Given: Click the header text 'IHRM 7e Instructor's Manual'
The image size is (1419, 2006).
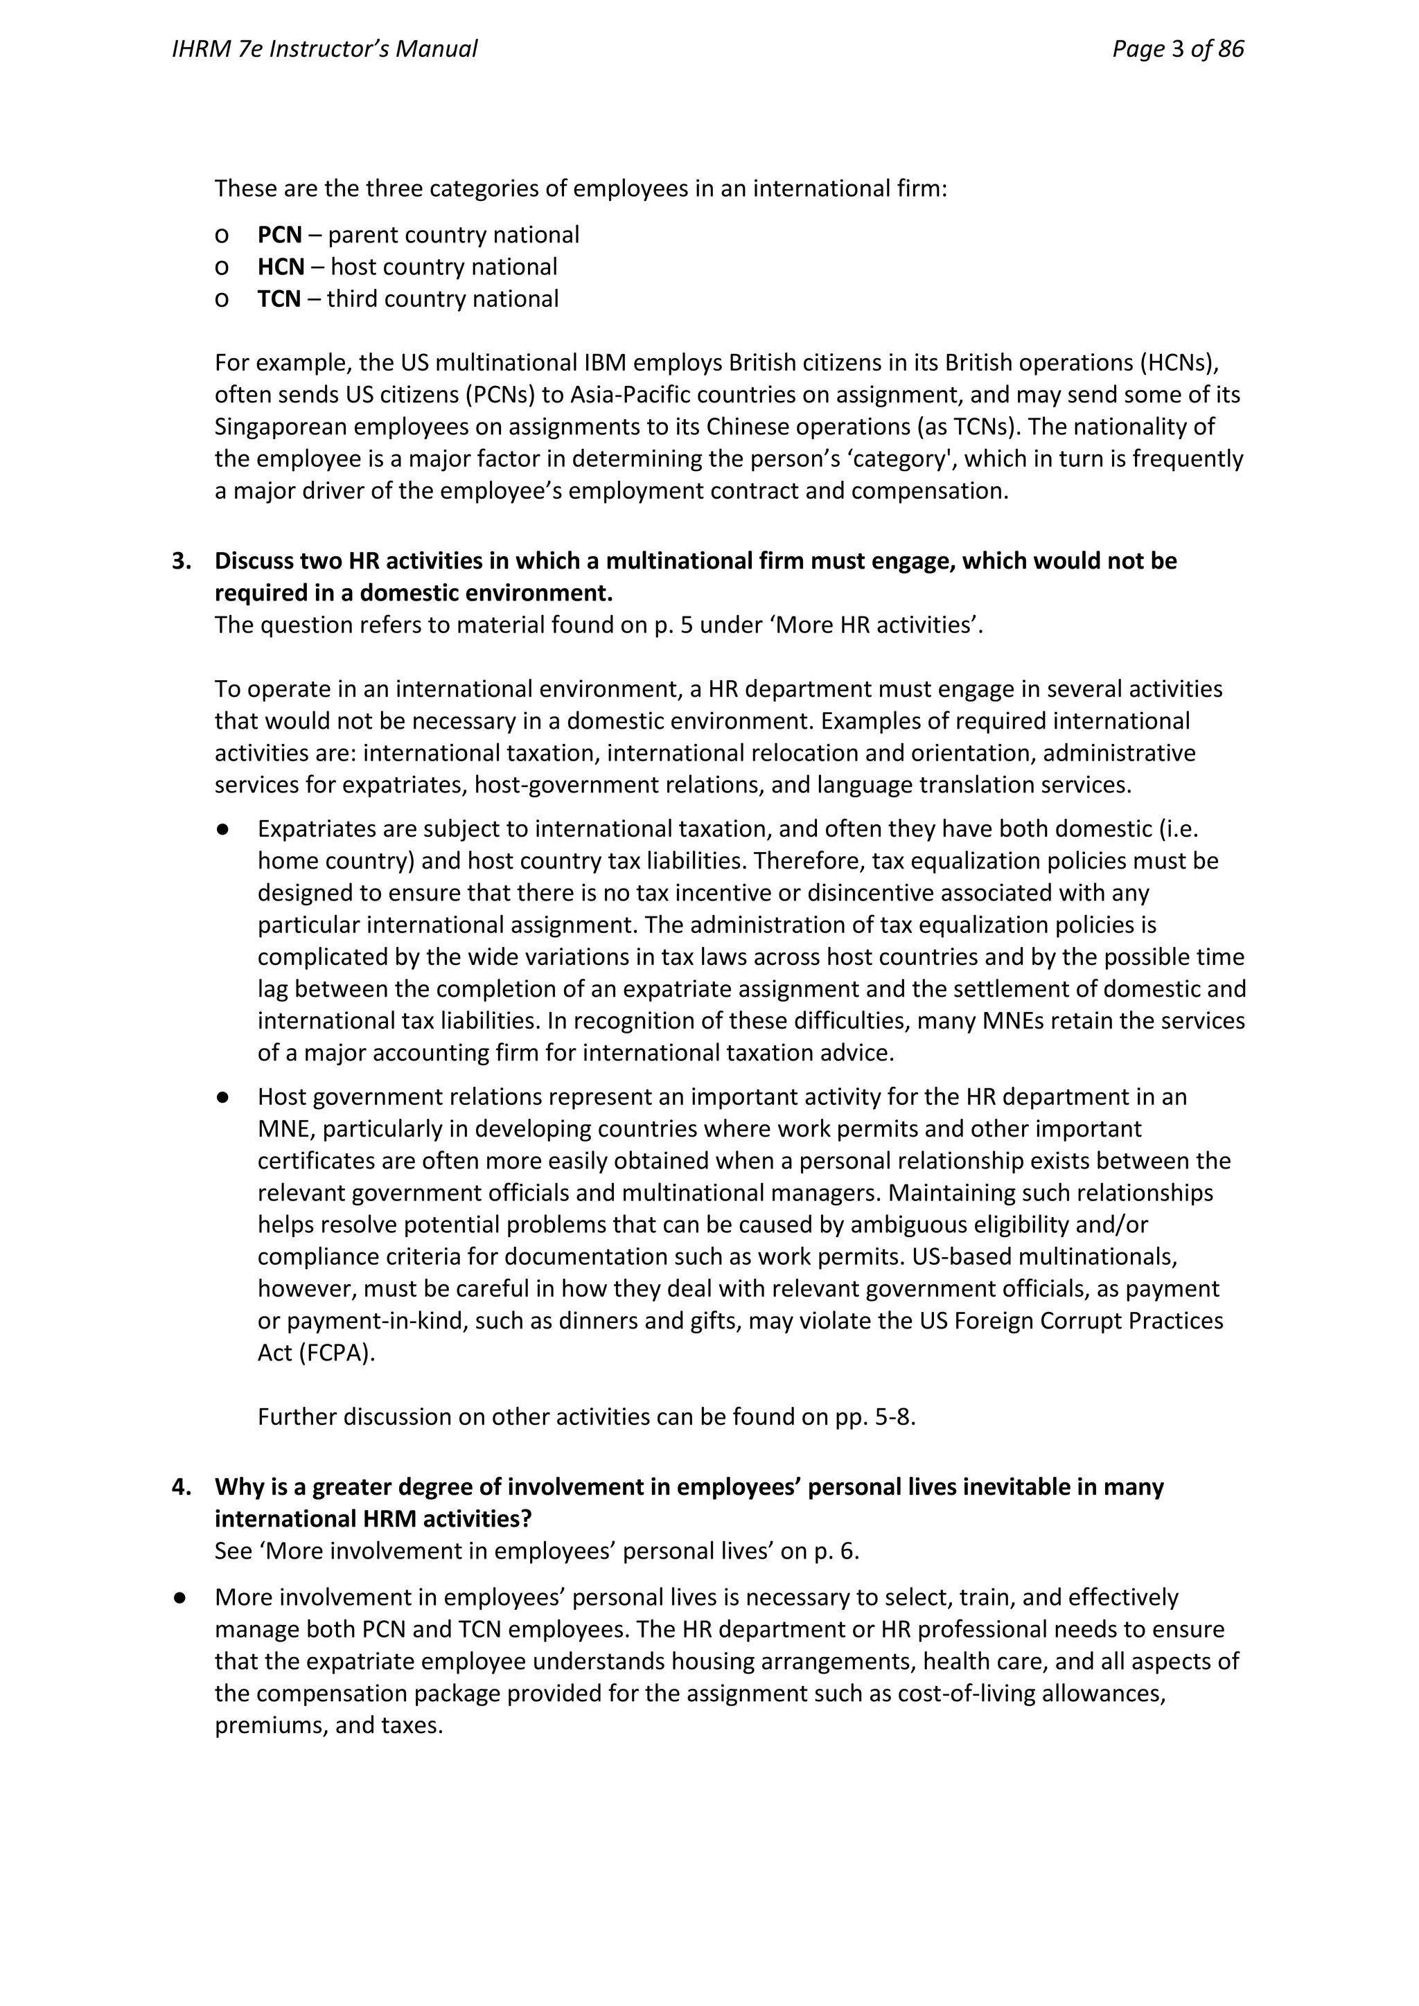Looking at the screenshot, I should point(324,49).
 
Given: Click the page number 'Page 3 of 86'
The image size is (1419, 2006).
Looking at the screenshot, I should point(1177,49).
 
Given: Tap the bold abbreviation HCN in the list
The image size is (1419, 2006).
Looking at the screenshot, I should point(281,267).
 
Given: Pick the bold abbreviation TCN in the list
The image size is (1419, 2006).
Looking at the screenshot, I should point(279,299).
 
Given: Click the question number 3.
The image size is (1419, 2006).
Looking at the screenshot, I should point(181,561).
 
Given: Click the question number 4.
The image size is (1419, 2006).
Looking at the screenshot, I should point(181,1487).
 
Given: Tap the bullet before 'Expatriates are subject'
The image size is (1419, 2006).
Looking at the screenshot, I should point(224,829).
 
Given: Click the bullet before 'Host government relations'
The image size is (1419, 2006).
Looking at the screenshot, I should point(224,1097).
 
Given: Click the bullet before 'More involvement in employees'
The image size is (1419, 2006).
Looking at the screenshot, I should point(181,1598).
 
